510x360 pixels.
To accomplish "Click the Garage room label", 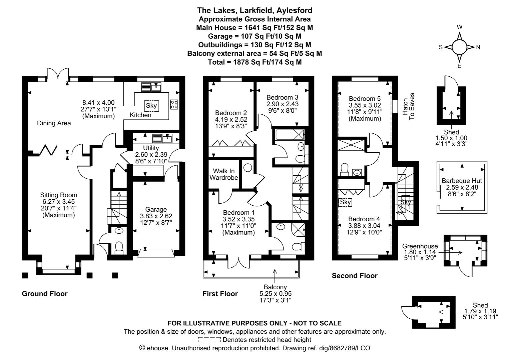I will [x=156, y=209].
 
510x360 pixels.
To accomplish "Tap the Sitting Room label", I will [x=58, y=195].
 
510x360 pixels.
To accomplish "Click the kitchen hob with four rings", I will [x=174, y=104].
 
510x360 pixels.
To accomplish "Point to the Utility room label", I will [x=151, y=148].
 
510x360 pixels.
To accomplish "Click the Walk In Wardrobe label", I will [x=223, y=174].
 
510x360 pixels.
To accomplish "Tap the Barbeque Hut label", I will [x=462, y=181].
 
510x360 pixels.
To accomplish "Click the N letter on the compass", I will [x=478, y=47].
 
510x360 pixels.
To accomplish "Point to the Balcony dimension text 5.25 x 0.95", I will [x=276, y=294].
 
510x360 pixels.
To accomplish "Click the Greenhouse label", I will [x=420, y=246].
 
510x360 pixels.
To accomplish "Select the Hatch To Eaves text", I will [x=408, y=106].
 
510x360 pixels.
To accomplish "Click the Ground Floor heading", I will [x=45, y=294].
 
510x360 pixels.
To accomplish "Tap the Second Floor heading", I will [x=355, y=276].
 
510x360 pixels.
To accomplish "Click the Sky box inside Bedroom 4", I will [x=345, y=202].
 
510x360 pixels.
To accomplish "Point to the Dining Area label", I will [x=54, y=123].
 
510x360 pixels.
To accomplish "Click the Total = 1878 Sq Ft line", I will [x=254, y=62].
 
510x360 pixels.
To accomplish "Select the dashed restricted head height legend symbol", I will [x=209, y=340].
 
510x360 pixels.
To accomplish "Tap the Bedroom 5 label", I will [x=364, y=99].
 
